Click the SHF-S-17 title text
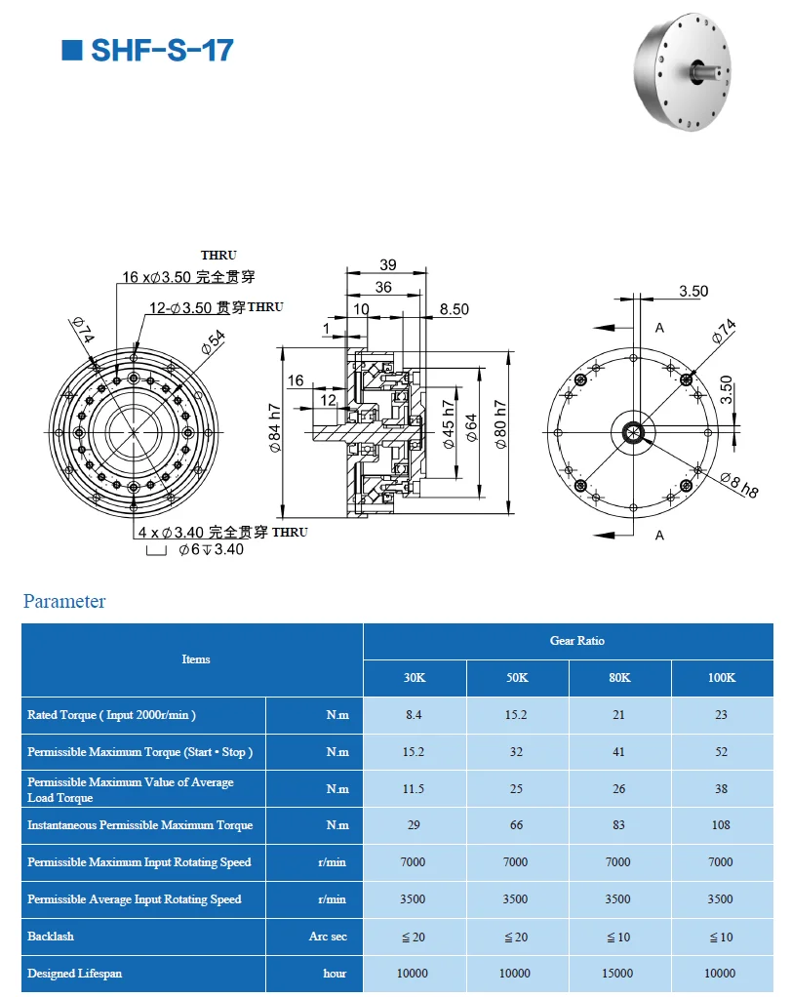click(160, 50)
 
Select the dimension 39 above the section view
click(387, 265)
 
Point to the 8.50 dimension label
click(454, 309)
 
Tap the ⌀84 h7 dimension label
click(275, 429)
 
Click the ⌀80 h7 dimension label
click(500, 424)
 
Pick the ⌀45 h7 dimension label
click(448, 424)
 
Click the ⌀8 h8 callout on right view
click(739, 484)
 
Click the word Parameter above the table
click(64, 601)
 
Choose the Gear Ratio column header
click(576, 641)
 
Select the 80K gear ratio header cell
click(617, 678)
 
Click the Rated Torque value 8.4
click(414, 715)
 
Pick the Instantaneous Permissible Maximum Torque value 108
click(721, 825)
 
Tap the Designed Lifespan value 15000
click(617, 974)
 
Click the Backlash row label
click(51, 937)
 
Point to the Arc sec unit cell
click(328, 937)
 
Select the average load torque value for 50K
click(515, 789)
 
